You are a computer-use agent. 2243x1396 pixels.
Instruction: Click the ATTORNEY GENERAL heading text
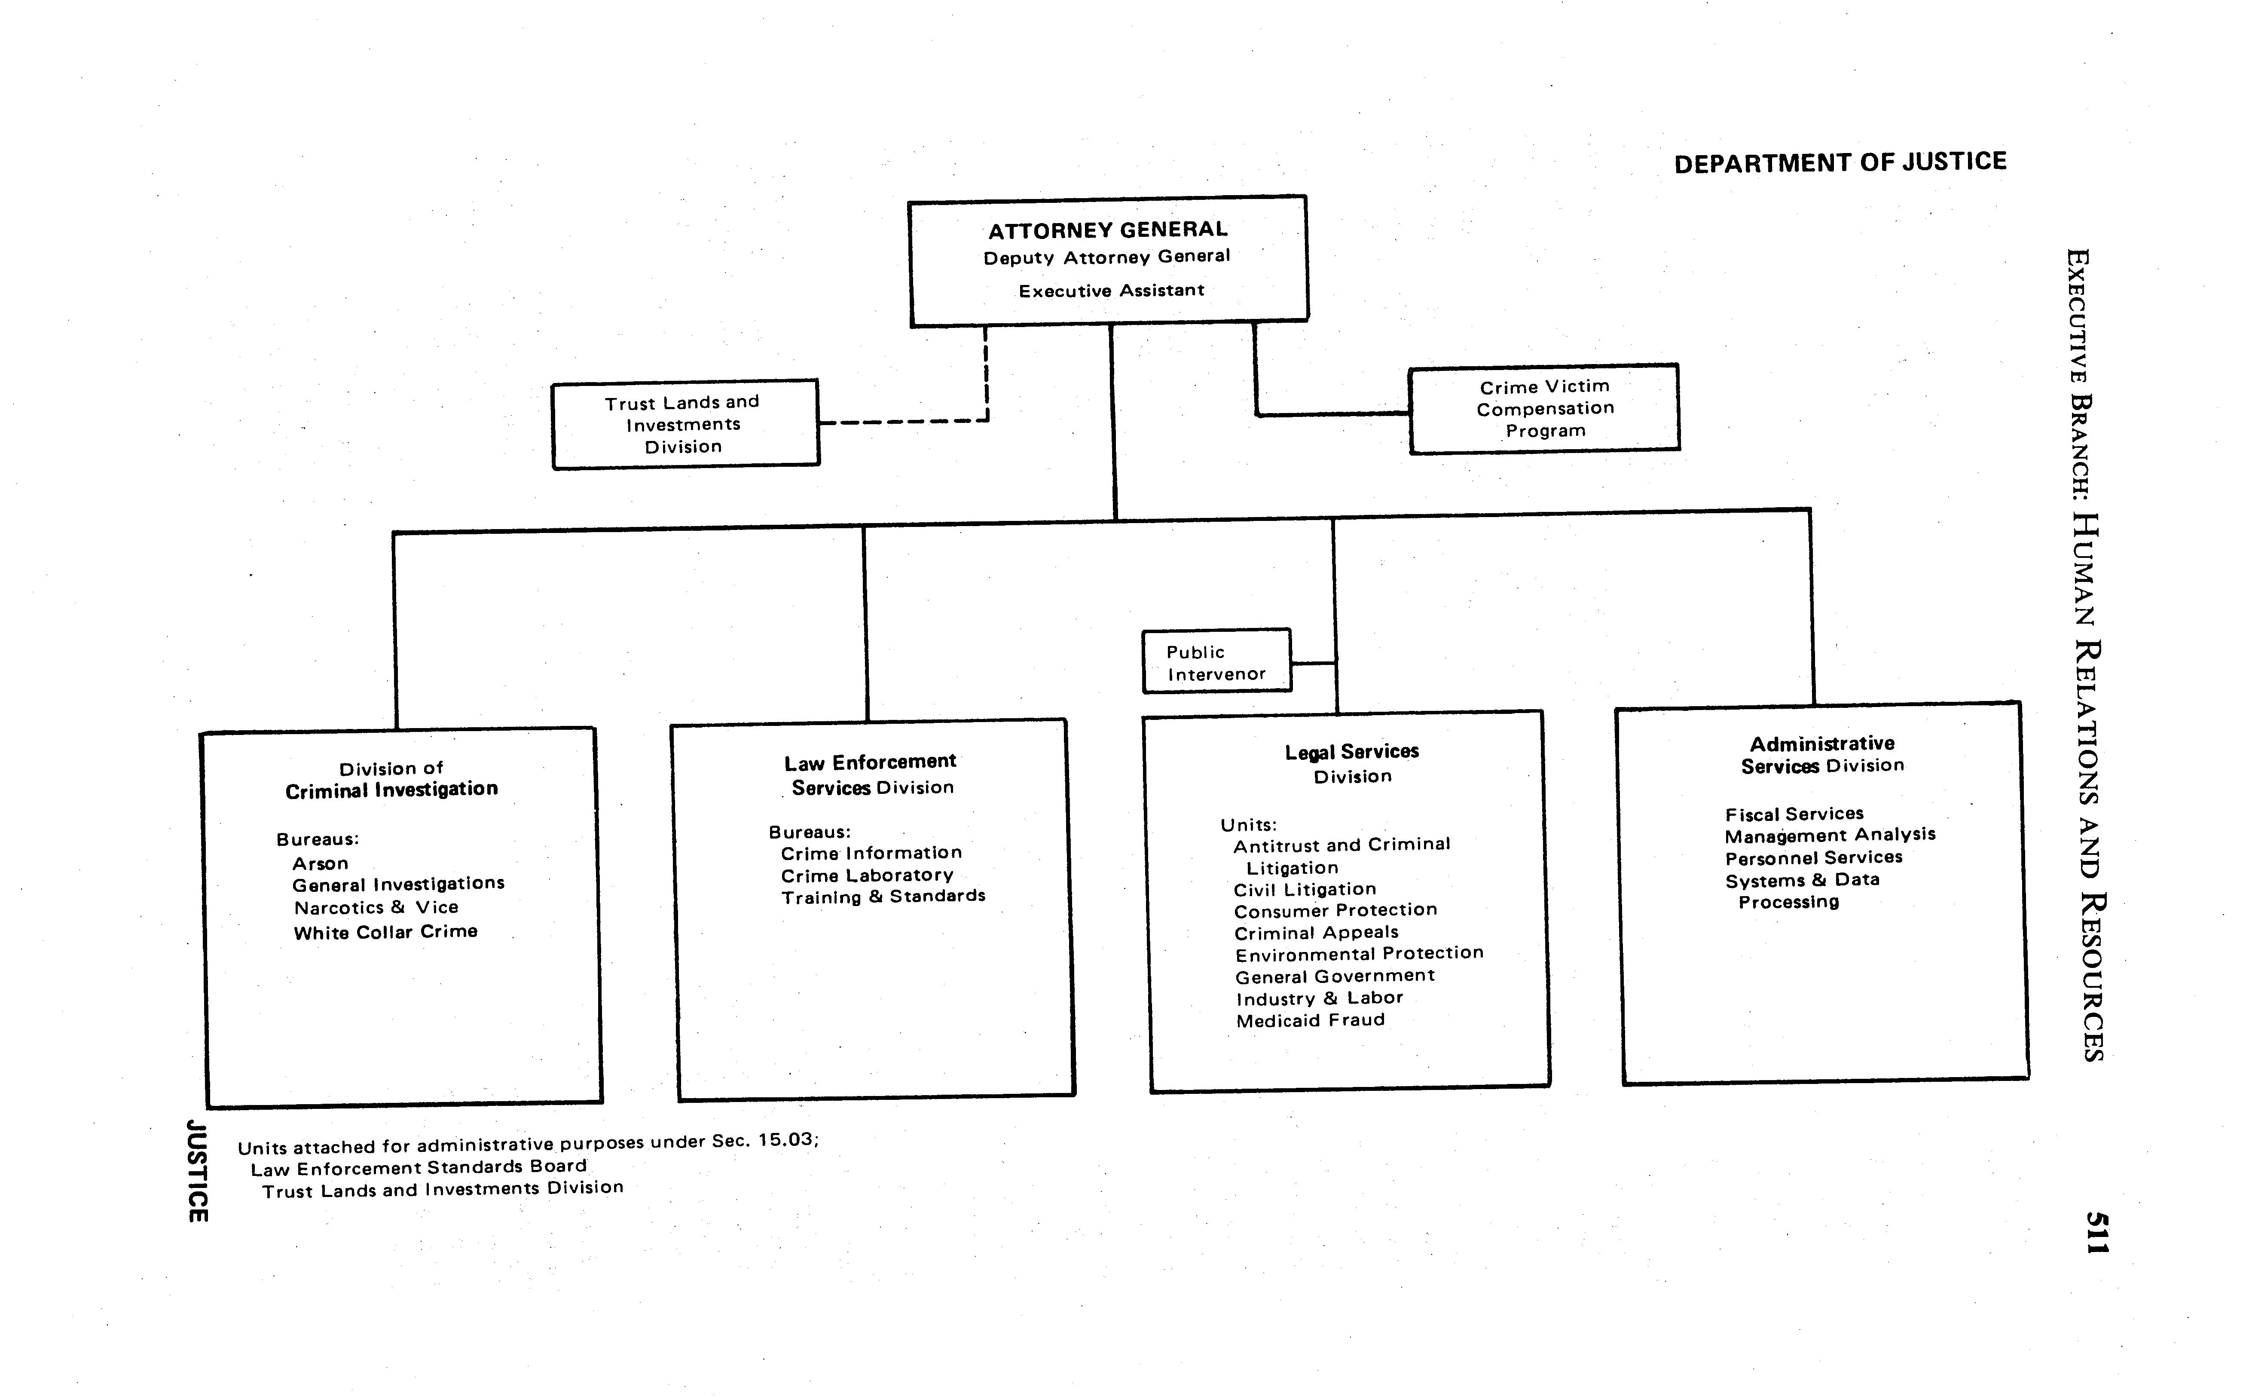[x=1108, y=230]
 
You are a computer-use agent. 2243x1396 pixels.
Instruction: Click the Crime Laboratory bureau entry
[x=867, y=875]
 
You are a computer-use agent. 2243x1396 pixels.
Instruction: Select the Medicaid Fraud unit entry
[x=1311, y=1020]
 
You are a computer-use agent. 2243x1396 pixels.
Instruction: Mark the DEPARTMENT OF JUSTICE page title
[x=1840, y=162]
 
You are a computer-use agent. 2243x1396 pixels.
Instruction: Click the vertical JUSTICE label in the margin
[x=197, y=1171]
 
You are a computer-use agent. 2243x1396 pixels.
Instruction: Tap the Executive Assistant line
[x=1111, y=291]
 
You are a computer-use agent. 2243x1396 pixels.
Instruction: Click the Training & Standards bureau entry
[x=883, y=897]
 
